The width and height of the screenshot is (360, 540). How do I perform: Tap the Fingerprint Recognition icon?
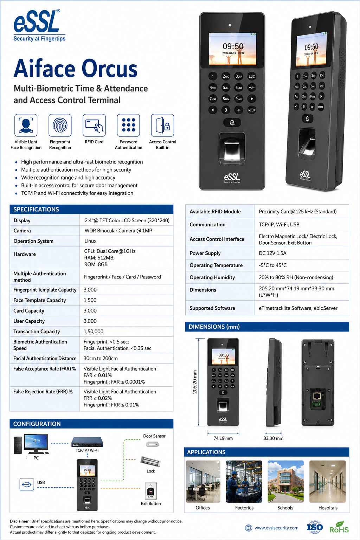(x=60, y=126)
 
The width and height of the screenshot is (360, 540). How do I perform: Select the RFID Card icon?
(x=94, y=126)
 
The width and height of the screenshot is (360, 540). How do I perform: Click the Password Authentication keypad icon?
(x=129, y=126)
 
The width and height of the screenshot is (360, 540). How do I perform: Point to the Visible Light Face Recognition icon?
(x=26, y=126)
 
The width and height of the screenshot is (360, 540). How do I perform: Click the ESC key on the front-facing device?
(x=251, y=76)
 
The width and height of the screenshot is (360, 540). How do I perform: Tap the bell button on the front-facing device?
(x=232, y=123)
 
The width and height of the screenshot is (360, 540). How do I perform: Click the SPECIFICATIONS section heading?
(x=36, y=209)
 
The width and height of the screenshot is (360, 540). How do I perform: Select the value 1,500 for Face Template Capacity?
(x=90, y=300)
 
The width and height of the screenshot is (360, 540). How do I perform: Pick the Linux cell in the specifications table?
(x=90, y=241)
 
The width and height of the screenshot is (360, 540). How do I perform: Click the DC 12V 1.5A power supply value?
(x=273, y=253)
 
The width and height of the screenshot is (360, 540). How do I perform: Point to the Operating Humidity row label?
(x=212, y=277)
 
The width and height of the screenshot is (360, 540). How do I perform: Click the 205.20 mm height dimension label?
(x=194, y=382)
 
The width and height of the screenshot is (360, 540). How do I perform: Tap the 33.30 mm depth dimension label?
(x=273, y=438)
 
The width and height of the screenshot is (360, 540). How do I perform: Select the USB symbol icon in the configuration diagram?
(x=26, y=484)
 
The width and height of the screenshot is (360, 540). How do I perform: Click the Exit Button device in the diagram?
(x=151, y=491)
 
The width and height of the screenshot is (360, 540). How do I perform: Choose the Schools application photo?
(x=285, y=481)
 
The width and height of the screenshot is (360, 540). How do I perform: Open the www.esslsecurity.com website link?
(x=276, y=528)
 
